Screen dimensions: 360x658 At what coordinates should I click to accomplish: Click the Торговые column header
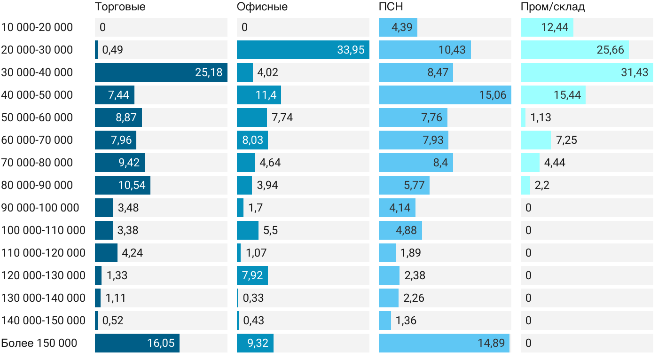pyautogui.click(x=120, y=7)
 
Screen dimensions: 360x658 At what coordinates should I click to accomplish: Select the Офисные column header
pyautogui.click(x=262, y=7)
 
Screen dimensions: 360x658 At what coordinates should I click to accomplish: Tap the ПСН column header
pyautogui.click(x=391, y=7)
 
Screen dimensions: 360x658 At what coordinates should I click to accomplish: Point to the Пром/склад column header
pyautogui.click(x=553, y=7)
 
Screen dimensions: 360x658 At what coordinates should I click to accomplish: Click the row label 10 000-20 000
pyautogui.click(x=37, y=27)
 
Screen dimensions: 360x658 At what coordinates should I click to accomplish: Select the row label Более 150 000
pyautogui.click(x=39, y=343)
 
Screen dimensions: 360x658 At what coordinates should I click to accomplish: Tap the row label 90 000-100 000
pyautogui.click(x=40, y=208)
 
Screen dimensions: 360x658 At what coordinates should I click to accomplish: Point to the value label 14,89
pyautogui.click(x=492, y=343)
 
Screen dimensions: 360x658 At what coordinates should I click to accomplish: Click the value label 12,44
pyautogui.click(x=555, y=27)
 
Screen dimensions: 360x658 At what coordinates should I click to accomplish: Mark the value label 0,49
pyautogui.click(x=113, y=50)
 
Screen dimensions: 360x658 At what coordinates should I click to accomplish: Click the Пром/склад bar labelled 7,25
pyautogui.click(x=536, y=140)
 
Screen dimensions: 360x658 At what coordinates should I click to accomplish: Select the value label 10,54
pyautogui.click(x=132, y=185)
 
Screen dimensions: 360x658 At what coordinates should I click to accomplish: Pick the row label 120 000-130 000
pyautogui.click(x=43, y=275)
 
